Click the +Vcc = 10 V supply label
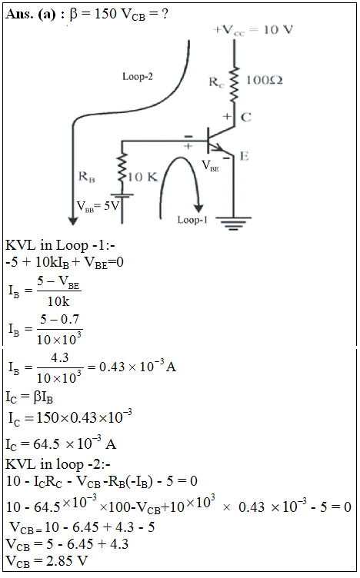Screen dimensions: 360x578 click(253, 29)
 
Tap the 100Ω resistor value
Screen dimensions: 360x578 click(264, 80)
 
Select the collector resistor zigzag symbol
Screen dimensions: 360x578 click(234, 84)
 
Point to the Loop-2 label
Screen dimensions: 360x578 click(138, 76)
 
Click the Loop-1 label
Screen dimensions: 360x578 click(192, 220)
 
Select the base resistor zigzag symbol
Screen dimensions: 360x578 click(122, 168)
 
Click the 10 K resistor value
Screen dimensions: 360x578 click(142, 177)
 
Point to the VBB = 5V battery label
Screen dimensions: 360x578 click(98, 206)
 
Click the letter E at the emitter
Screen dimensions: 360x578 click(244, 156)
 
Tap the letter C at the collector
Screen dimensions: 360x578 click(246, 118)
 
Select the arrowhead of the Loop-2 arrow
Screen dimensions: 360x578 click(73, 221)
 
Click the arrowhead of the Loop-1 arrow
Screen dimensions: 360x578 click(199, 208)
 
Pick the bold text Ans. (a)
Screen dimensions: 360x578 click(31, 14)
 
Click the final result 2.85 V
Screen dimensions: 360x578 click(67, 560)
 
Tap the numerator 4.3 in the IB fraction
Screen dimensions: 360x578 click(60, 357)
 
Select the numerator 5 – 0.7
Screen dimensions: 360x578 click(59, 319)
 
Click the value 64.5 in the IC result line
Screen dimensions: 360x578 click(46, 443)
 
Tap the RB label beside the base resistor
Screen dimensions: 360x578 click(87, 177)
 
